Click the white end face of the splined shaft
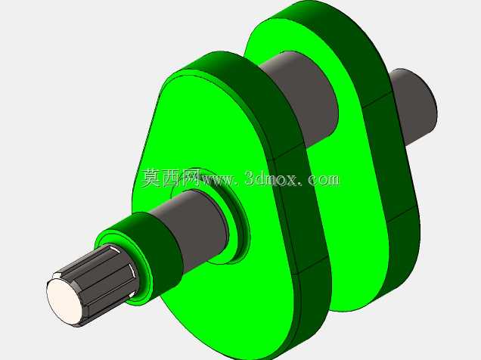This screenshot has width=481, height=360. (65, 301)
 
